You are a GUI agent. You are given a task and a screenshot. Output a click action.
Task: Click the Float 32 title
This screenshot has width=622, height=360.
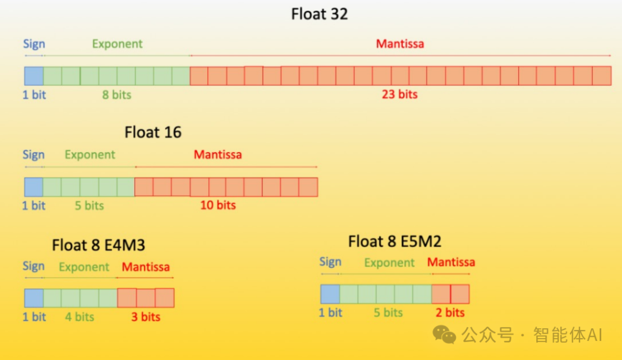[319, 14]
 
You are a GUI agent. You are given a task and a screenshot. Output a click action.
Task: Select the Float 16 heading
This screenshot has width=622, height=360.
[153, 132]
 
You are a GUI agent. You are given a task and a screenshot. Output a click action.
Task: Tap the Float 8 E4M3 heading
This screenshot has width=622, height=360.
[98, 245]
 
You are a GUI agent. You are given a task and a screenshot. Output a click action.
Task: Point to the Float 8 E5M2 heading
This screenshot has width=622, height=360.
[395, 241]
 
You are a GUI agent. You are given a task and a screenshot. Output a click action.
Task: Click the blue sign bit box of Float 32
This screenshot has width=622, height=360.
[34, 76]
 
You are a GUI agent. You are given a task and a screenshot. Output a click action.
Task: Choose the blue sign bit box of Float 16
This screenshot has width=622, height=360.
[34, 187]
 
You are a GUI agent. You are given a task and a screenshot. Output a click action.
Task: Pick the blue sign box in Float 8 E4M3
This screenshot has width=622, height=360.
[34, 298]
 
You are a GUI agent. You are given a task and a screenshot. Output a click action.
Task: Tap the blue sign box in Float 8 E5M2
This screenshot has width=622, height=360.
[330, 294]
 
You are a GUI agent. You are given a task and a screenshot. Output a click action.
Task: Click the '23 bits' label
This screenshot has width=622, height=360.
[400, 94]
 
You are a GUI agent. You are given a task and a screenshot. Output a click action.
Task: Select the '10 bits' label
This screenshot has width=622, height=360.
[218, 205]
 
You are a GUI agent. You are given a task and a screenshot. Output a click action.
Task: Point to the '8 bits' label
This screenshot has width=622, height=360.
[116, 95]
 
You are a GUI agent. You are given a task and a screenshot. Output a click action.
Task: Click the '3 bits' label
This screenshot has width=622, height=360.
[146, 317]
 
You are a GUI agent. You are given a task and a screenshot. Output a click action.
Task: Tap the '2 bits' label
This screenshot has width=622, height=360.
[450, 312]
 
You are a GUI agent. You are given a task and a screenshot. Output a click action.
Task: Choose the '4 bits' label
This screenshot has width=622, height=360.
[79, 317]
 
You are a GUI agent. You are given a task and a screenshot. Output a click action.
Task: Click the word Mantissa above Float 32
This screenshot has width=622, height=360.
[400, 44]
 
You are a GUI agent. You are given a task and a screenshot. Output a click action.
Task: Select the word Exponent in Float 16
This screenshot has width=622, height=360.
[90, 154]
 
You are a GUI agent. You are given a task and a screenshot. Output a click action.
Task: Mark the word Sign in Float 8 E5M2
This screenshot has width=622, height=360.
[331, 262]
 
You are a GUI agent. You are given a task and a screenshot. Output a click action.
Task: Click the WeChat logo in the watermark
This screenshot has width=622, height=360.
[444, 335]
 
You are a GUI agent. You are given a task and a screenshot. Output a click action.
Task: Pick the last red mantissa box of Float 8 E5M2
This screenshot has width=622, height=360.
[460, 294]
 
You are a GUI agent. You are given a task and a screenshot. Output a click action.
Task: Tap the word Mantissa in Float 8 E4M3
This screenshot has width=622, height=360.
[146, 267]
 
